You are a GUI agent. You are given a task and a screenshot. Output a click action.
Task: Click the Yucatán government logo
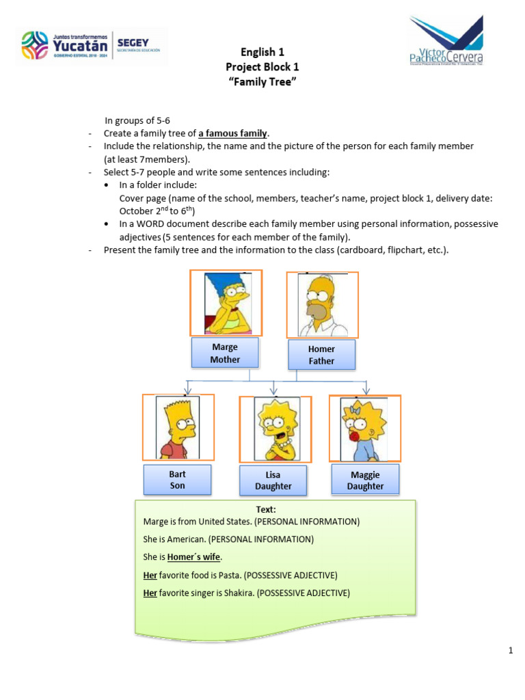91,46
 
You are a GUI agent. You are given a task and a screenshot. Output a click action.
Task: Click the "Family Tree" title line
262,82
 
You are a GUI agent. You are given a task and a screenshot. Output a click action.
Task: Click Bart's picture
178,427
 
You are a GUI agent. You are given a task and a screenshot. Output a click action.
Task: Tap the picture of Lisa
275,429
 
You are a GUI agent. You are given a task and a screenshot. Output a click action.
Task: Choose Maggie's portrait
364,428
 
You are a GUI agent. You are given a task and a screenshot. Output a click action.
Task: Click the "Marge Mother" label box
225,353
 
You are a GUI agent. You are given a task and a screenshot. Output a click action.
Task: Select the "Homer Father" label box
321,355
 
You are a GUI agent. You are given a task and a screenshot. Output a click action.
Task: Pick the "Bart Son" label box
177,480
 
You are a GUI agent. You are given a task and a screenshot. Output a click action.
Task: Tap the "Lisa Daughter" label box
273,481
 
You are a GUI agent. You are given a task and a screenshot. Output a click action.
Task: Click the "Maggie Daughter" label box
365,480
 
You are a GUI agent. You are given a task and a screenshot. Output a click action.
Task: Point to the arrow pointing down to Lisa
274,388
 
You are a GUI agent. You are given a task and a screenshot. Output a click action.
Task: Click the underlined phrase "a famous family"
233,133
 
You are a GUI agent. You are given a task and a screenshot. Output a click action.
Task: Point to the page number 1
510,650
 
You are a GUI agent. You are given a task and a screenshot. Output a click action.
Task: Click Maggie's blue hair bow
355,410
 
